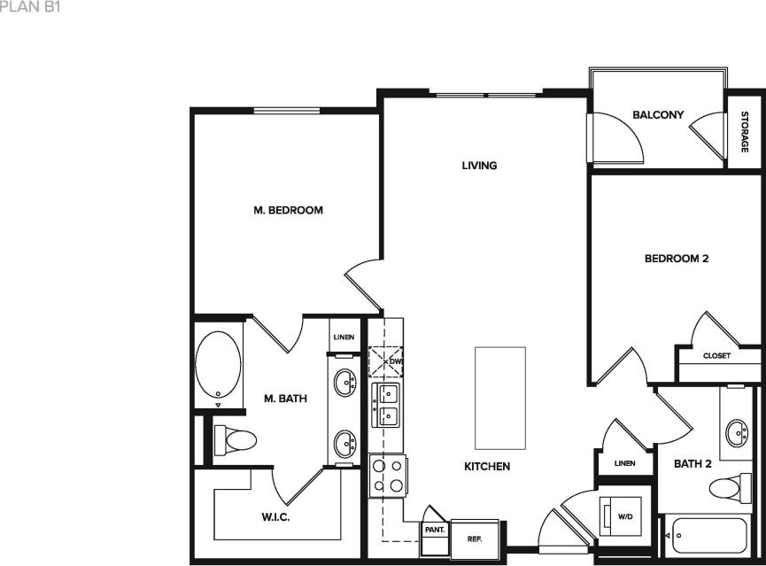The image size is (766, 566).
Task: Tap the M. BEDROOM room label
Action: [288, 211]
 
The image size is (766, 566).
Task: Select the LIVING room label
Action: [479, 166]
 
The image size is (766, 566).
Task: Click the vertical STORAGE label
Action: [745, 132]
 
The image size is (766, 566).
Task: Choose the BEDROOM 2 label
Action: [676, 259]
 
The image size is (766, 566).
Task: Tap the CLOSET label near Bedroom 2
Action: [716, 356]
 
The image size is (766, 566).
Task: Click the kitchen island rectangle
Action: [499, 398]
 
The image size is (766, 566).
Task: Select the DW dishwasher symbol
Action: [387, 362]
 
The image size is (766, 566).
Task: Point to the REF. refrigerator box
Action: [474, 538]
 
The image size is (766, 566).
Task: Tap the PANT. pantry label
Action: [434, 530]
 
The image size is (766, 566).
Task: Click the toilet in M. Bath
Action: [236, 439]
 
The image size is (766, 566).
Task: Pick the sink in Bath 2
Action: [736, 433]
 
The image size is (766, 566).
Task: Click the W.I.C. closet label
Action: [276, 516]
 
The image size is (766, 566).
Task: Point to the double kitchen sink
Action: [388, 404]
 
